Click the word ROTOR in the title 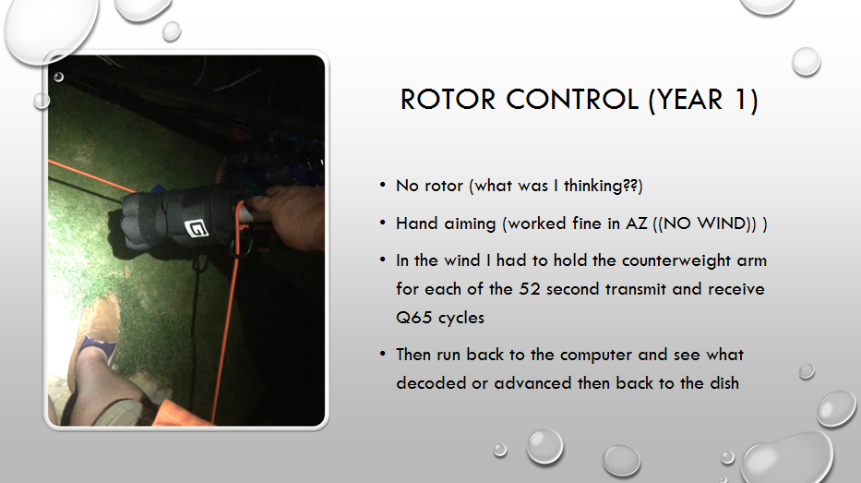(448, 100)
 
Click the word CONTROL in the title (571, 100)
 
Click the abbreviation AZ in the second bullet (637, 223)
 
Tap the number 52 (530, 290)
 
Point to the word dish (723, 383)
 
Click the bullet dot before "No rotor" (382, 186)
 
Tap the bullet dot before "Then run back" (382, 354)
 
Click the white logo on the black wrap (196, 227)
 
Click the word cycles (460, 319)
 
